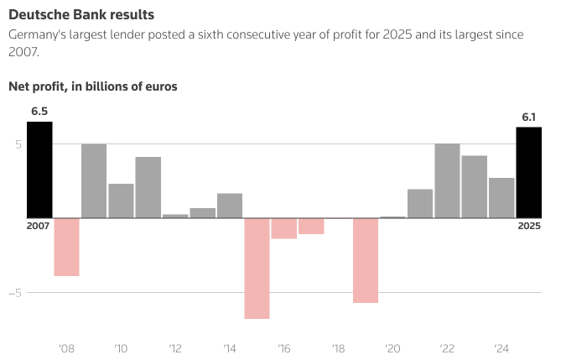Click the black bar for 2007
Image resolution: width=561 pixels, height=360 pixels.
click(x=39, y=170)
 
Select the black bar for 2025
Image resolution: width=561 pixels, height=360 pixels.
click(x=529, y=172)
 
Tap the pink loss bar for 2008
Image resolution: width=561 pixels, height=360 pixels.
click(x=66, y=247)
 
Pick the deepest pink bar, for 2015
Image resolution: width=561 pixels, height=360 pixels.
click(x=257, y=268)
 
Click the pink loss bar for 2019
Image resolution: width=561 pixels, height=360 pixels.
click(x=366, y=260)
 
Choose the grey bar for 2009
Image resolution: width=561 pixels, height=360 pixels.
click(x=94, y=180)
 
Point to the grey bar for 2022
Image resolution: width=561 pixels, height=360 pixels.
click(x=447, y=180)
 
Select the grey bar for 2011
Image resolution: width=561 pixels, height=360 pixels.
click(x=148, y=187)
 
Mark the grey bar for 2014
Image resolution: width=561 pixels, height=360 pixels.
click(x=230, y=206)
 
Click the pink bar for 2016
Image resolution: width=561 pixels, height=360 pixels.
click(x=284, y=228)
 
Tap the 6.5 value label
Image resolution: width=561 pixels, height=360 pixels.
click(x=39, y=111)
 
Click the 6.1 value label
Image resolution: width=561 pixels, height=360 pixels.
click(x=529, y=117)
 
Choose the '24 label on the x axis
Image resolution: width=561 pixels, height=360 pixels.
click(x=501, y=348)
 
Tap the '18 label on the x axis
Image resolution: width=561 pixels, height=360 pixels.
click(x=338, y=348)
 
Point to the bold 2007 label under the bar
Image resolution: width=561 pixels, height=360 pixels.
click(x=39, y=226)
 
